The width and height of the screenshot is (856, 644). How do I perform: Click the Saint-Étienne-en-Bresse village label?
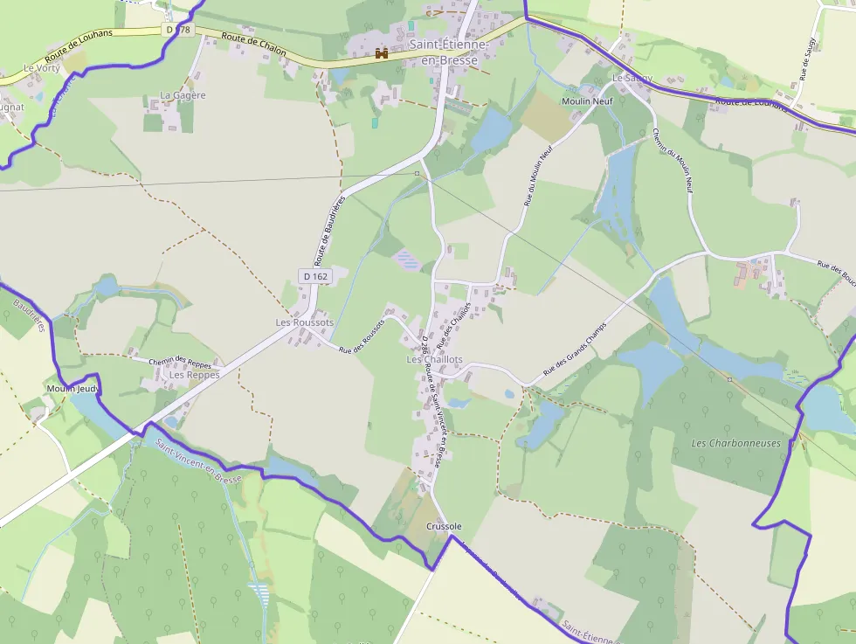coord(450,51)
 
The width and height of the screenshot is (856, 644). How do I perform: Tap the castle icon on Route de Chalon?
coord(382,53)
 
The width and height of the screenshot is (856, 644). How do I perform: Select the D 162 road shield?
coord(315,276)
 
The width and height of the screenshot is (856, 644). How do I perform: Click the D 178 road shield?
coord(177,30)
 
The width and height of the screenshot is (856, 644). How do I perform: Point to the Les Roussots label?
coord(305,322)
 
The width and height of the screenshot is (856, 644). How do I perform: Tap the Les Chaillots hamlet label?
coord(434,360)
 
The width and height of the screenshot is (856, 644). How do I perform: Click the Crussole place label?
coord(444,526)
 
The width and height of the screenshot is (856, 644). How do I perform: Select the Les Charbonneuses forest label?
coord(735,443)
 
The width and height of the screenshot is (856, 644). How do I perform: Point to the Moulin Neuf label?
coord(588,101)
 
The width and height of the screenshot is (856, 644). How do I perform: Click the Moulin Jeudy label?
coord(74,388)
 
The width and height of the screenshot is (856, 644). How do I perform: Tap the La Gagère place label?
coord(183,95)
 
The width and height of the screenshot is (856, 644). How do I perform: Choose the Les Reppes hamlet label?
coord(194,375)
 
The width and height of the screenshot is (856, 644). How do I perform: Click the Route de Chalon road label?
coord(254,45)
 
